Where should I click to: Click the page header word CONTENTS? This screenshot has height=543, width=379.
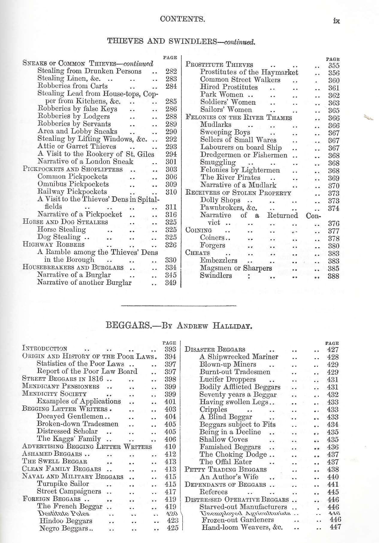[x=182, y=19]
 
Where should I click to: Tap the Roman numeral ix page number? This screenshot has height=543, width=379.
[x=336, y=21]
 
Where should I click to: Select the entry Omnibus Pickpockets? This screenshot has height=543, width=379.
[x=73, y=184]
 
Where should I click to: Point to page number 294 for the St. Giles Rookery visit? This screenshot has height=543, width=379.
[x=171, y=154]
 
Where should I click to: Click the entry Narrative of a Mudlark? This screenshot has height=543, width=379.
[x=238, y=185]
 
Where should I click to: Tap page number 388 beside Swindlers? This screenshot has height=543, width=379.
[x=333, y=276]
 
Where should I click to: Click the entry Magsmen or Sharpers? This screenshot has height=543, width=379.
[x=236, y=268]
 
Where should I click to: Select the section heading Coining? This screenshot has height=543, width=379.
[x=199, y=230]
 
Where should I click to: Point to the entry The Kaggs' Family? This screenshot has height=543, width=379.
[x=69, y=439]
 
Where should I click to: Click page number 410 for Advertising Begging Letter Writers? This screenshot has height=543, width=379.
[x=170, y=447]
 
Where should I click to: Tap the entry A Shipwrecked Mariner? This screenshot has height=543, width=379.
[x=239, y=357]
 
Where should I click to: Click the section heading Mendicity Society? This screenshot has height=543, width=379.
[x=54, y=394]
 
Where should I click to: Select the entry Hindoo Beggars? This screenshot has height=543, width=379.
[x=66, y=521]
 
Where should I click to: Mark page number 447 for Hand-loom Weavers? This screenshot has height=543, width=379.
[x=335, y=527]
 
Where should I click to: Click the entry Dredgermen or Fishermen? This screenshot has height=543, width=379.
[x=244, y=155]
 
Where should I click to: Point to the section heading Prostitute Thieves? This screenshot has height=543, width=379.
[x=219, y=65]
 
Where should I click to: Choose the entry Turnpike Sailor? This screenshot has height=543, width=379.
[x=63, y=484]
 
